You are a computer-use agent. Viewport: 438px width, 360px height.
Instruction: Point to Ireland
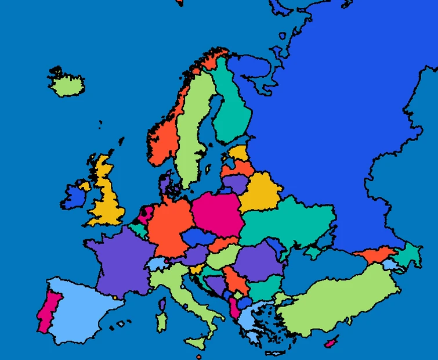[x=73, y=197]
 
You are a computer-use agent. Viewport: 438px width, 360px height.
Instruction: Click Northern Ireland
[x=85, y=186]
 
